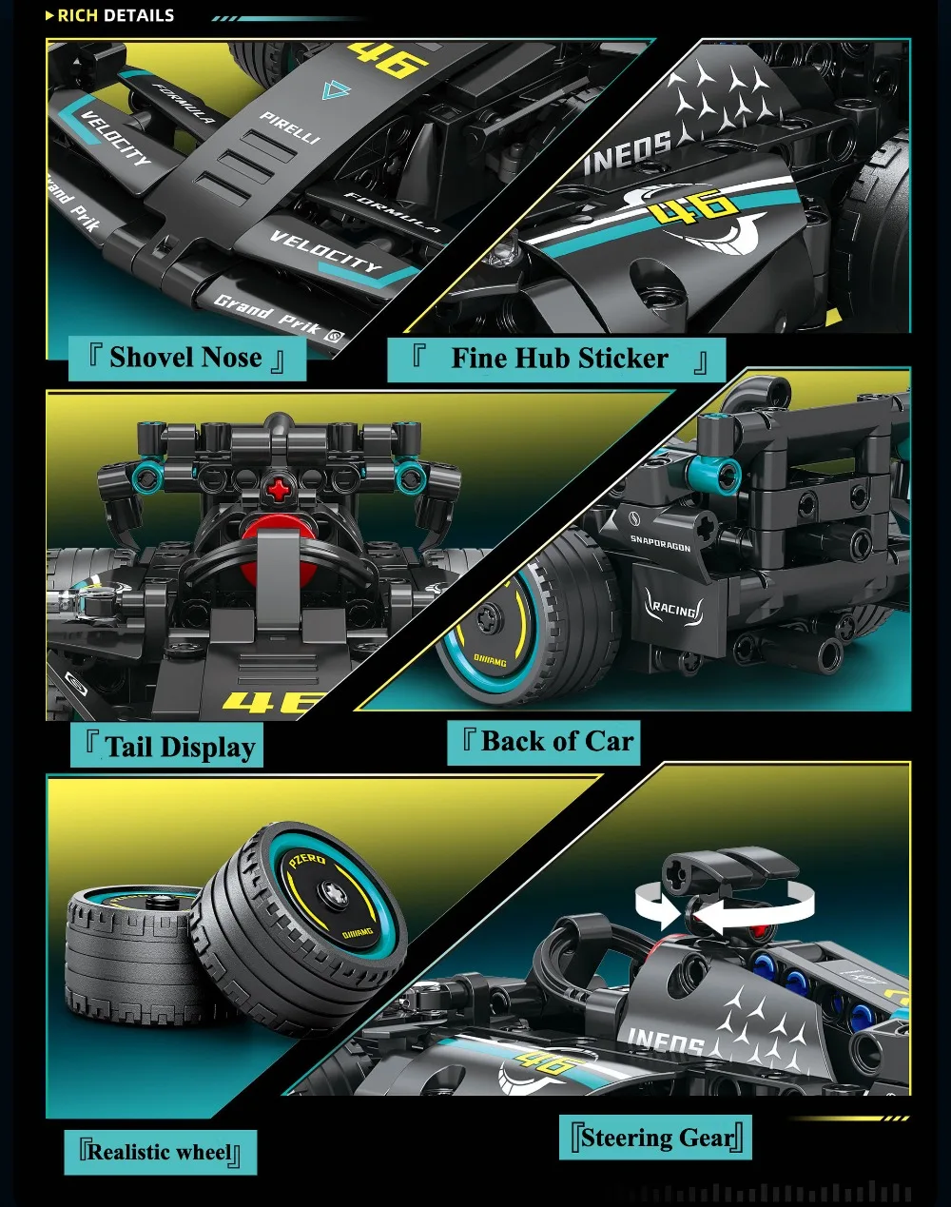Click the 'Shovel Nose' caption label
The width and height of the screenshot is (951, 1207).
[186, 359]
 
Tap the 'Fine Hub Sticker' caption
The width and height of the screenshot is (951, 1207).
[558, 360]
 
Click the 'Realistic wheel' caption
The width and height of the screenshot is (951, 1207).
[160, 1153]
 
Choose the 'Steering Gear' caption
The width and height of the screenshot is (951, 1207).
[657, 1138]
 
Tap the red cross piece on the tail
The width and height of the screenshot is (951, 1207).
[279, 490]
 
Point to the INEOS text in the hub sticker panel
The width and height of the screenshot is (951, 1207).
[628, 151]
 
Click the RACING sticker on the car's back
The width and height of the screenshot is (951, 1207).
[673, 609]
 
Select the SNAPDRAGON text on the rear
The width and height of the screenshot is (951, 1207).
[660, 544]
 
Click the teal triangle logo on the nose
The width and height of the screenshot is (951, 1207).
[336, 90]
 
